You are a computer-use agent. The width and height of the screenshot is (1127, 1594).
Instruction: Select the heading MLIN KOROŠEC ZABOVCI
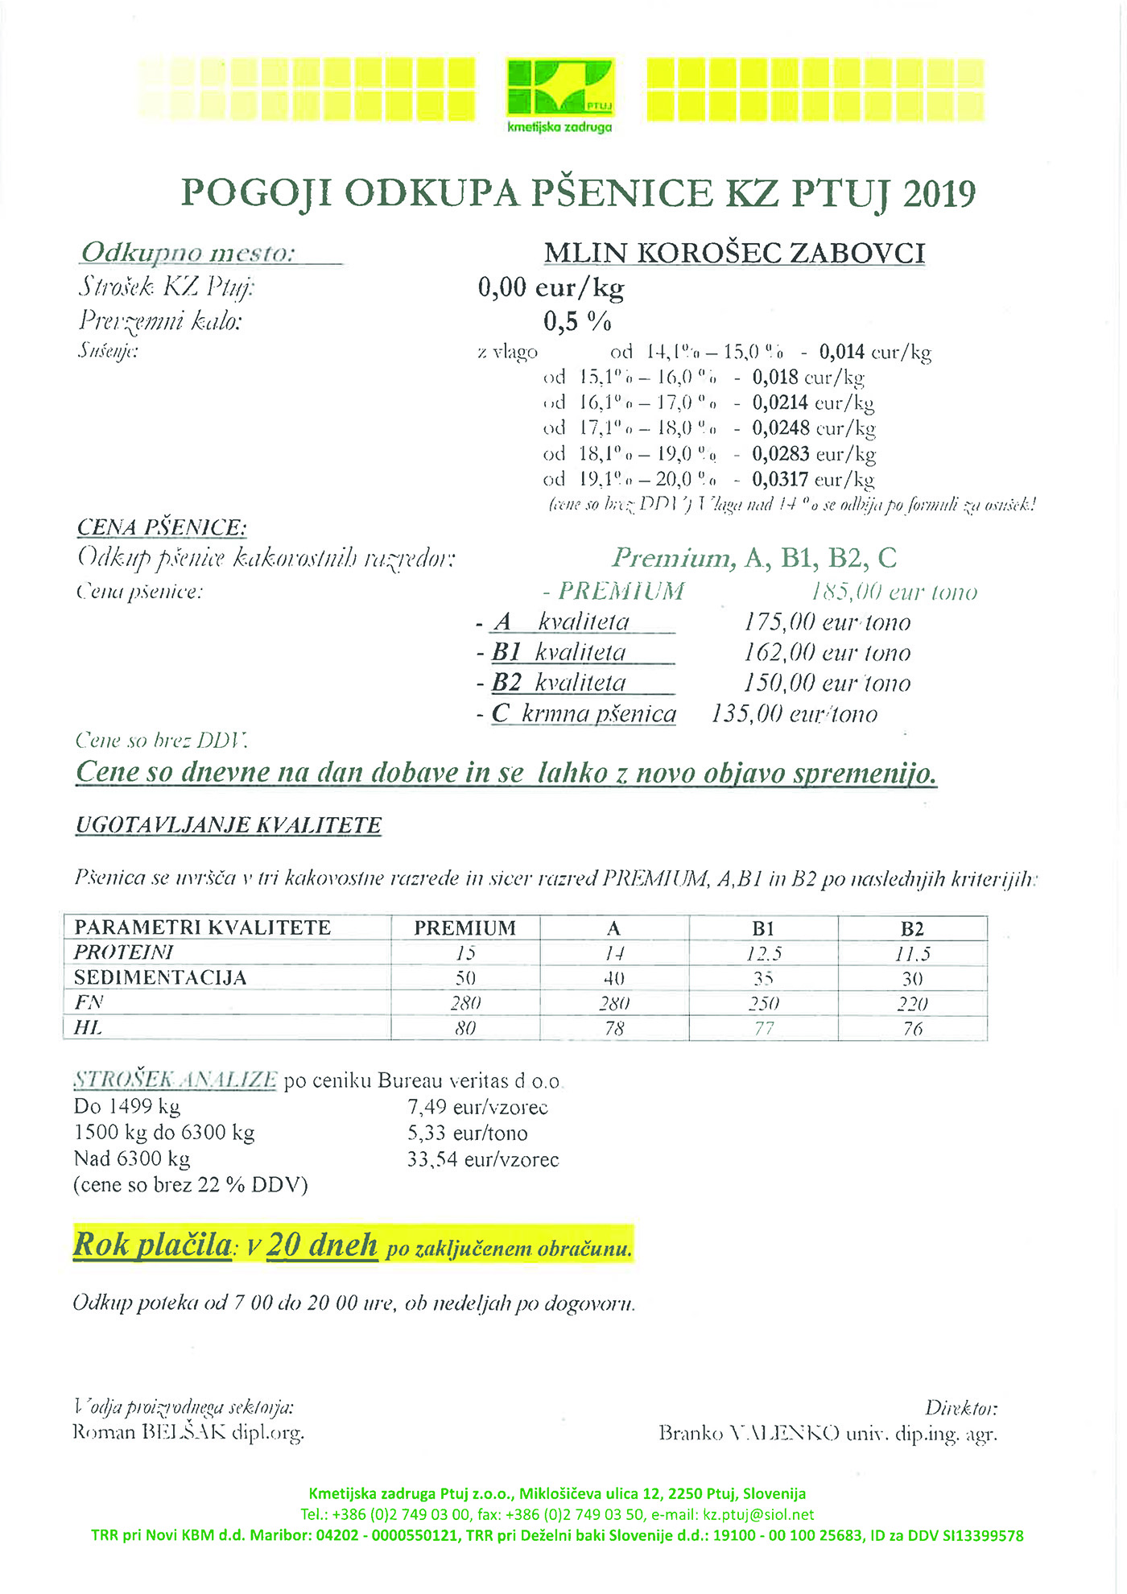point(734,253)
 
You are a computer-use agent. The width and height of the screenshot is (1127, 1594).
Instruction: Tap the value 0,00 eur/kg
point(551,287)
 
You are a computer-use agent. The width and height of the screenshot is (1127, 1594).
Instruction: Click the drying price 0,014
point(842,352)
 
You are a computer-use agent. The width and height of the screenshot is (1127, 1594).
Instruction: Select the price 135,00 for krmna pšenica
point(746,714)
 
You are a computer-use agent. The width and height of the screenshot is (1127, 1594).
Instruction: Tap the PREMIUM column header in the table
point(464,928)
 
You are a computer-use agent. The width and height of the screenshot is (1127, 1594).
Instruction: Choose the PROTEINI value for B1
point(763,954)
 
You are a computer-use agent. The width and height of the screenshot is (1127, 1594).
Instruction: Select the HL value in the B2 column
point(912,1029)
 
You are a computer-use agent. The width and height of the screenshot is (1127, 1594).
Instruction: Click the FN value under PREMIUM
point(465,1004)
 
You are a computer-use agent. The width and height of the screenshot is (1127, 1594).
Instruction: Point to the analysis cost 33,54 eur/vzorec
point(482,1160)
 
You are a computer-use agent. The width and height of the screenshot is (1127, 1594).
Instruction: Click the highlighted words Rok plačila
point(152,1245)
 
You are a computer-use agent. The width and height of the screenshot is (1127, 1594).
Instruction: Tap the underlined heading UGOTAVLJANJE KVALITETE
point(229,826)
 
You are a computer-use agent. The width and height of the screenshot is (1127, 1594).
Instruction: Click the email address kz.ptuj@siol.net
point(758,1514)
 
